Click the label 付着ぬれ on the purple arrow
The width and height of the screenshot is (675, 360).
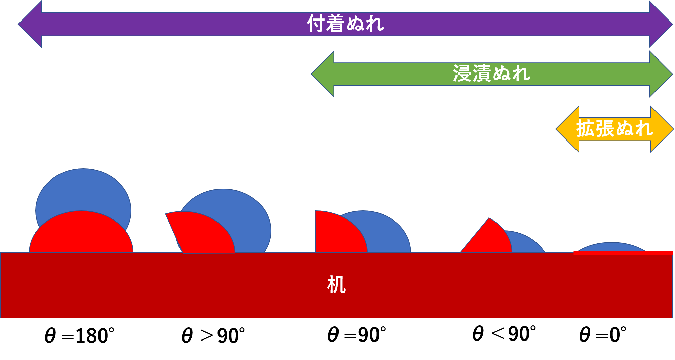pos(345,24)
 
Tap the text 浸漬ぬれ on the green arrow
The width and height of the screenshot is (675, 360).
pos(491,74)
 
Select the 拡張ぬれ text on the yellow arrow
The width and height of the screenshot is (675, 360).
pos(614,129)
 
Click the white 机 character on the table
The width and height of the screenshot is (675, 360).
pos(336,285)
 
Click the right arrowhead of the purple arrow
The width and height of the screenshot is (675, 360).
pos(660,24)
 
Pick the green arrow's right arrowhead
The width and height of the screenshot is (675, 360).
pos(660,74)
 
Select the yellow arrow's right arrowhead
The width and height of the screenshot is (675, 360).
pos(661,129)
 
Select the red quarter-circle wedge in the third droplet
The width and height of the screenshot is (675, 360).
pos(336,235)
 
